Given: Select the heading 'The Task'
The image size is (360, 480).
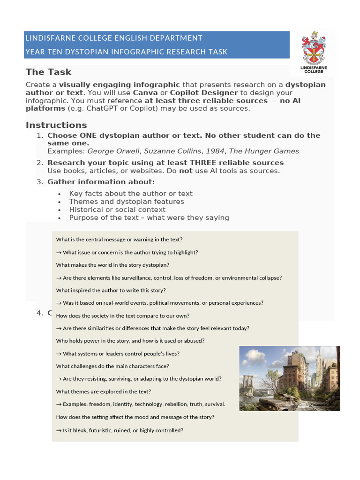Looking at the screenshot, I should (x=48, y=72).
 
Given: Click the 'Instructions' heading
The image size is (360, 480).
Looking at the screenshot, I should (x=56, y=125).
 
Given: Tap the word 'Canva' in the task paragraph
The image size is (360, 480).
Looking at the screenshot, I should (x=146, y=93).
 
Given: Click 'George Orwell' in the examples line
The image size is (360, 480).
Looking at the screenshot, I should (x=113, y=151).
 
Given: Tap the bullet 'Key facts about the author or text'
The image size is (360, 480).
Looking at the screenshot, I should (x=130, y=193).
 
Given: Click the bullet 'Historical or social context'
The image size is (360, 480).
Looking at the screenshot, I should (x=117, y=210).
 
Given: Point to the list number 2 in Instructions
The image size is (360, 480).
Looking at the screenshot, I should (x=40, y=163).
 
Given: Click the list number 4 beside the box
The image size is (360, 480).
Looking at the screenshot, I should (x=40, y=313).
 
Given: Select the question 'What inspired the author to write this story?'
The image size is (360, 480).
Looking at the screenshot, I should (x=111, y=290).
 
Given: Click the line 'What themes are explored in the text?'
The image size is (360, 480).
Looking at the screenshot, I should (x=103, y=391).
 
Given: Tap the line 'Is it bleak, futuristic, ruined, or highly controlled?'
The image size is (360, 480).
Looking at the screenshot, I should (x=123, y=430).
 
